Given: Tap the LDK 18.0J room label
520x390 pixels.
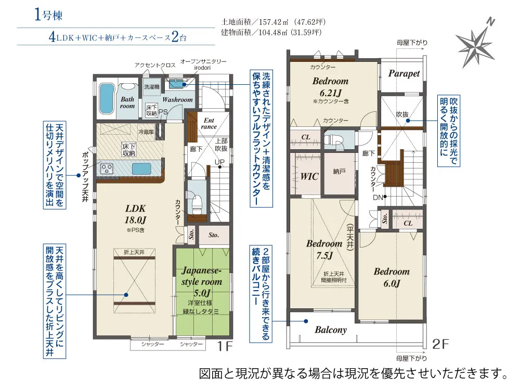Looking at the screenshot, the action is [x=136, y=214].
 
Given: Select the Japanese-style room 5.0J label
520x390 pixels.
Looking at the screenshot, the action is [x=202, y=281].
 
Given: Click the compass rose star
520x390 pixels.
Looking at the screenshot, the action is [x=475, y=43].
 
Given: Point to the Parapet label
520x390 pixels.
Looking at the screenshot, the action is [x=404, y=74].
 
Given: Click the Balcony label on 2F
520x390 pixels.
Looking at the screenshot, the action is [x=331, y=330].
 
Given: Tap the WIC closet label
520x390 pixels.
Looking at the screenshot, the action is [x=309, y=176].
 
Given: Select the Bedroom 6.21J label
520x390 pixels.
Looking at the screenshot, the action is [x=330, y=86].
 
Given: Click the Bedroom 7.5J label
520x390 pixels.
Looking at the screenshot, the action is [x=324, y=250].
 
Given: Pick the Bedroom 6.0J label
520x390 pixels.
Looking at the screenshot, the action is [x=392, y=277].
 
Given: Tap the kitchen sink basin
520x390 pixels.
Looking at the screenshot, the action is [x=141, y=169].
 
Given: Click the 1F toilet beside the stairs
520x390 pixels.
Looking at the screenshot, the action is [x=197, y=203].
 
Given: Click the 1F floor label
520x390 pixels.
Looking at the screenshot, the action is [x=225, y=346].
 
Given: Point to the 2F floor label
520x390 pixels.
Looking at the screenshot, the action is [x=440, y=344].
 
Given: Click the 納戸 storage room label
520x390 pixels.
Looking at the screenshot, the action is [x=339, y=172].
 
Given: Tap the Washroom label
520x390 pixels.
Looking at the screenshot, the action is [x=177, y=99].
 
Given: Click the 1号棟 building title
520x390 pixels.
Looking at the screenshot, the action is [x=48, y=15].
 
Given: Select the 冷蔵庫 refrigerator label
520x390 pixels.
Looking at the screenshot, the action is [x=146, y=132].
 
